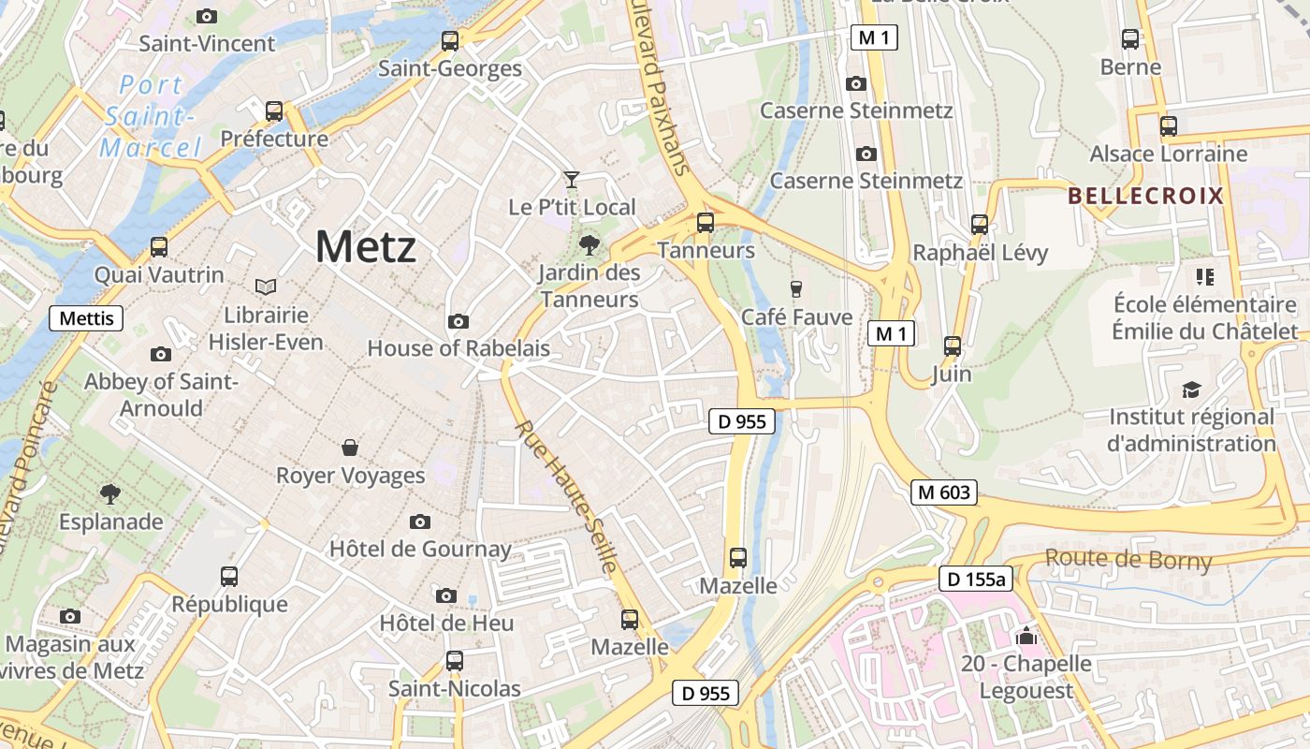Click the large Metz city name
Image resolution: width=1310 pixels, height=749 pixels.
(365, 247)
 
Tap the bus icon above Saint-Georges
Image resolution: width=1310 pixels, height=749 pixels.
(450, 40)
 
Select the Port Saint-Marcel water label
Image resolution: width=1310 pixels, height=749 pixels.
(152, 116)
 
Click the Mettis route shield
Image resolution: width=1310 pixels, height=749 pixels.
(86, 318)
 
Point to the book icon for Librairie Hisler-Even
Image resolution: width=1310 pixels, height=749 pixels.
(266, 286)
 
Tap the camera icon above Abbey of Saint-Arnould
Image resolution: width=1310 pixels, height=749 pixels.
(161, 354)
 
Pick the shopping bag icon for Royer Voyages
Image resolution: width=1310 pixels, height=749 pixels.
(350, 448)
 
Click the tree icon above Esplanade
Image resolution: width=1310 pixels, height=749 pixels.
(110, 492)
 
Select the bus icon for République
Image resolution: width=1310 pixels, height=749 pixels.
(229, 576)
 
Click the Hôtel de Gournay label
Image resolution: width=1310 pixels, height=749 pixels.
(420, 549)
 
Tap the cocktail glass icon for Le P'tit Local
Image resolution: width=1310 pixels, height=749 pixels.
(572, 179)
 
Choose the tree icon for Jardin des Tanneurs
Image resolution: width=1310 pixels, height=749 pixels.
(589, 245)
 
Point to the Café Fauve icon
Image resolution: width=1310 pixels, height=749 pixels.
(796, 288)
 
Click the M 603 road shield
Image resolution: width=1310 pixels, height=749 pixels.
(945, 492)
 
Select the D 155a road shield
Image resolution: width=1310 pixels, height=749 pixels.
(976, 580)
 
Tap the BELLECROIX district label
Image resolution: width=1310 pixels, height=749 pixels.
(1145, 196)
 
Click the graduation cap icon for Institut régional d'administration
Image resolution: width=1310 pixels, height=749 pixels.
(1191, 389)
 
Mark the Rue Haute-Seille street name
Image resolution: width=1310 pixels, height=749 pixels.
(566, 496)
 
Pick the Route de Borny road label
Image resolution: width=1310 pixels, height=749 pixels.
(1128, 560)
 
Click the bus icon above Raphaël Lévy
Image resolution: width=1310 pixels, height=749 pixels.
(980, 224)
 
